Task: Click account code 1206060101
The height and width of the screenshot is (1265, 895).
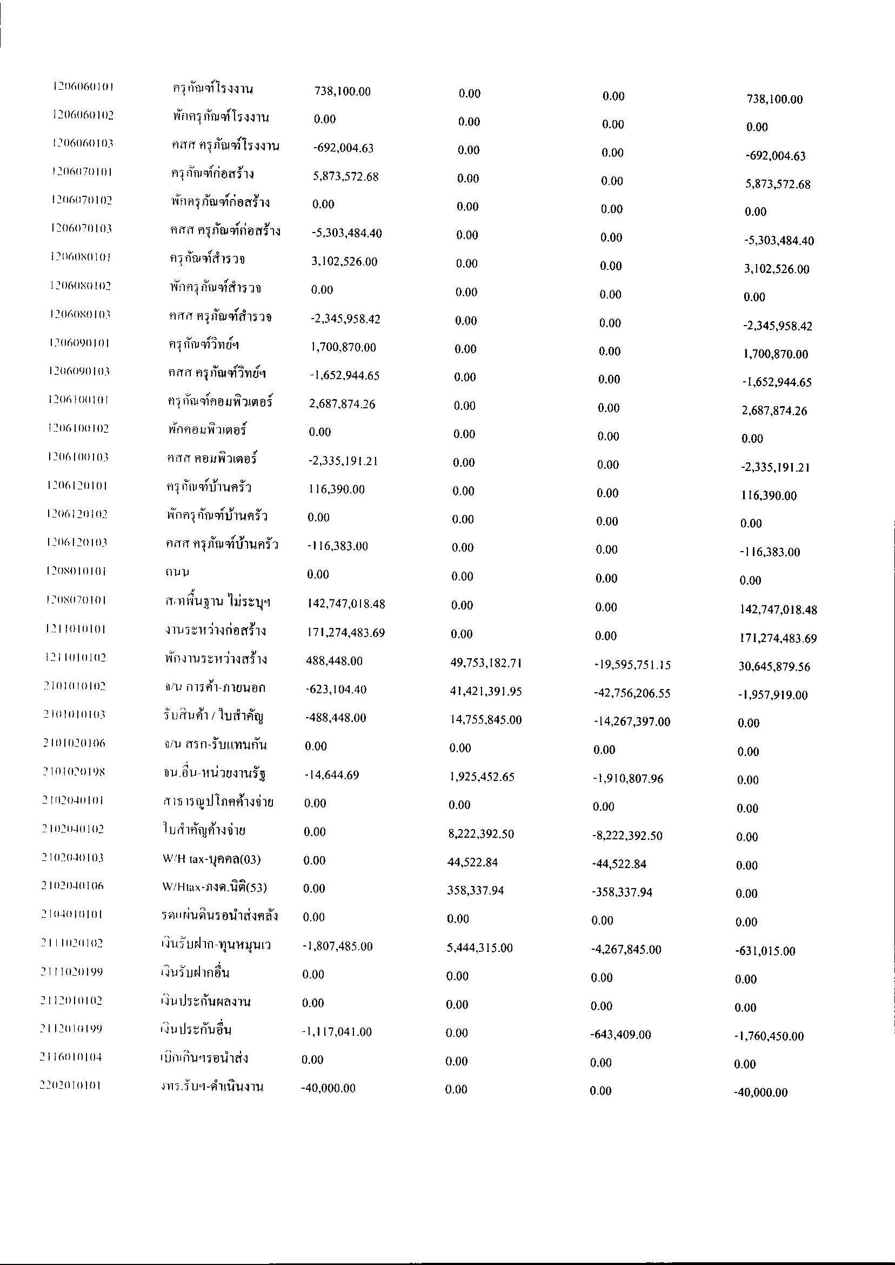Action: (x=83, y=87)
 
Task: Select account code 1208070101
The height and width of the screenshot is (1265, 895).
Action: (x=76, y=600)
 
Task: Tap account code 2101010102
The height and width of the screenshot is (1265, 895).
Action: (x=75, y=686)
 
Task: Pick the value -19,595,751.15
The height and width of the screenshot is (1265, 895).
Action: (x=632, y=665)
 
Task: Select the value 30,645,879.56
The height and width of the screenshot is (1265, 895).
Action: (x=774, y=667)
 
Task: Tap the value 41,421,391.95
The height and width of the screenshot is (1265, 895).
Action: (x=485, y=692)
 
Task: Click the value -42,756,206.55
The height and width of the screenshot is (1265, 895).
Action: (x=632, y=693)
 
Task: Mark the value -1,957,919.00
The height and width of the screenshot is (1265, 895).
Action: (x=773, y=696)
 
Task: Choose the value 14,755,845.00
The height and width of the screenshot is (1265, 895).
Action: (x=485, y=720)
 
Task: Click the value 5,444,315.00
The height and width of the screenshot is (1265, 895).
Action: (x=479, y=948)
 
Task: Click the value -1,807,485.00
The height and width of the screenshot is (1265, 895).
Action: (x=337, y=946)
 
